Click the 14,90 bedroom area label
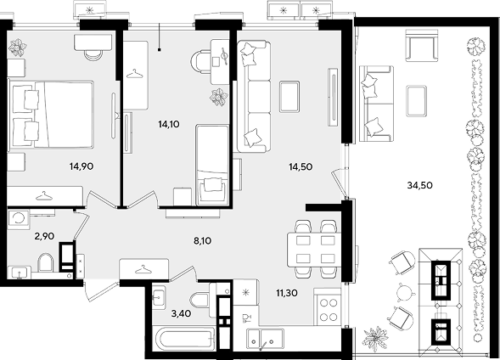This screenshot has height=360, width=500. (x=81, y=166)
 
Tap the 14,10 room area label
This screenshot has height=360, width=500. (x=169, y=124)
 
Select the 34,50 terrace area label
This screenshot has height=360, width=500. (x=420, y=185)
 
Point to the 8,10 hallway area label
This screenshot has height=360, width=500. (x=203, y=241)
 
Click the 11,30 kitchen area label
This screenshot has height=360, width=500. (x=287, y=293)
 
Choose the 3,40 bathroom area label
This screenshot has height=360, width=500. (x=181, y=314)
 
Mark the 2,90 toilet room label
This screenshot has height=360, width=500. (x=44, y=236)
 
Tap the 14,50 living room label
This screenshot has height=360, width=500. (x=301, y=166)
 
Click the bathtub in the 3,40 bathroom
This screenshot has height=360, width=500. (x=183, y=339)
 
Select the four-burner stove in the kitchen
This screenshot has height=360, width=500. (x=327, y=307)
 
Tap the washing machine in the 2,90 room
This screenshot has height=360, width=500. (x=19, y=218)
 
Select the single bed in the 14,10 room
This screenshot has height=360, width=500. (x=212, y=165)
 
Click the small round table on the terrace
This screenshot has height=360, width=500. (x=405, y=291)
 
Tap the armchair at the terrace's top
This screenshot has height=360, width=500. (x=422, y=45)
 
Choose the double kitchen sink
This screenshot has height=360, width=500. (x=264, y=340)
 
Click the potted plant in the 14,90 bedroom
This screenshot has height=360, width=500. (x=18, y=47)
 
